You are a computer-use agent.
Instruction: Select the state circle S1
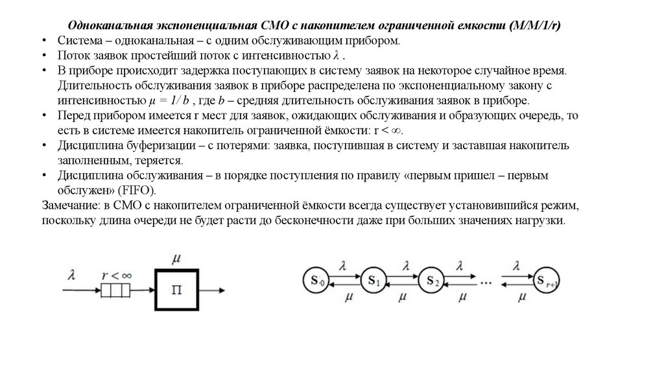pyautogui.click(x=375, y=281)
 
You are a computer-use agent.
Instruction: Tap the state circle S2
pyautogui.click(x=433, y=281)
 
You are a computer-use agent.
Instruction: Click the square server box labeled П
pyautogui.click(x=175, y=289)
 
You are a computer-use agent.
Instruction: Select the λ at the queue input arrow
pyautogui.click(x=71, y=275)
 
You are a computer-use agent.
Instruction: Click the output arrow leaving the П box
pyautogui.click(x=211, y=289)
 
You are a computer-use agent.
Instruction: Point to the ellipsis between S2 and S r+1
pyautogui.click(x=486, y=281)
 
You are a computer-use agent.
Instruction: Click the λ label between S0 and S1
pyautogui.click(x=345, y=265)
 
